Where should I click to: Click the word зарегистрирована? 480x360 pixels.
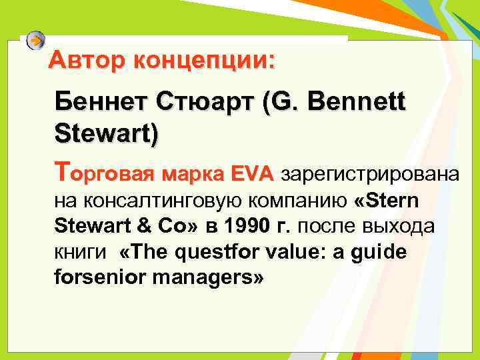coord(371,175)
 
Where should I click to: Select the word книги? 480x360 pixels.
coord(75,253)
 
